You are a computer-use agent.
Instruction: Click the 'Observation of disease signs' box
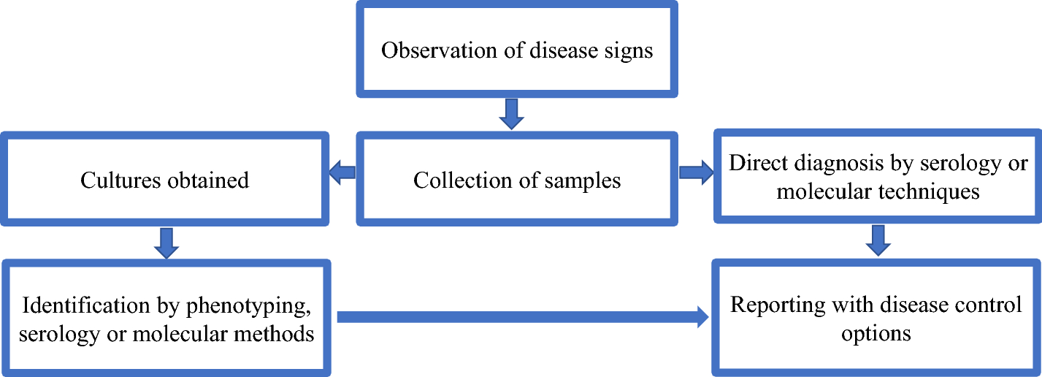(517, 49)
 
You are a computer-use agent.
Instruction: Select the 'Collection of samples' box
(517, 180)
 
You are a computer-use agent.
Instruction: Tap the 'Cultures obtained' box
(164, 180)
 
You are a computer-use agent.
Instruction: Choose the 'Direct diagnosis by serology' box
(878, 176)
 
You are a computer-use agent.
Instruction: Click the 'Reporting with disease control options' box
(876, 319)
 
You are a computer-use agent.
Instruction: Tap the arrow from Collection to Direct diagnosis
(696, 172)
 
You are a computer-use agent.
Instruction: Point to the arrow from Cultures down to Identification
(166, 243)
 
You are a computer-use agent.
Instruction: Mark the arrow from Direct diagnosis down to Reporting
(879, 240)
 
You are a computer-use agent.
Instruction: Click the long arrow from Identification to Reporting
(522, 317)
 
